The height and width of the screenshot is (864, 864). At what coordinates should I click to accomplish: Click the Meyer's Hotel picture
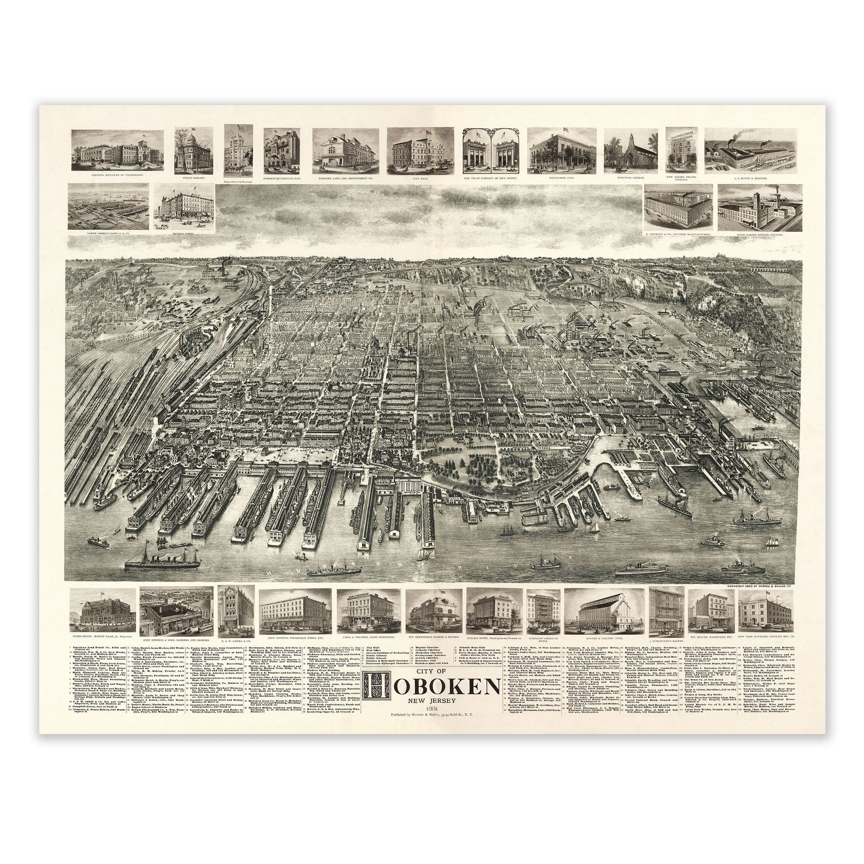coord(184,207)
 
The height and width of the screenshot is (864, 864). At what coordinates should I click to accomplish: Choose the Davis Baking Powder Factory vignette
coord(759,207)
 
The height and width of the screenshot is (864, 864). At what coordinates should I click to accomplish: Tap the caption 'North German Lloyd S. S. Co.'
coord(108,233)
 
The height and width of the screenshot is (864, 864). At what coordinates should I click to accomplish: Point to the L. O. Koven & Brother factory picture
coord(750,151)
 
